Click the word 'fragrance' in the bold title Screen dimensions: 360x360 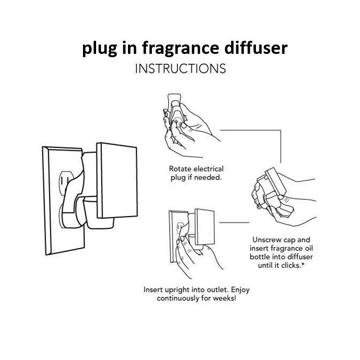pos(180,49)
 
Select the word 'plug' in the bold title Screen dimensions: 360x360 pos(100,49)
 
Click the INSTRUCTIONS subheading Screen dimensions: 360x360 pos(180,68)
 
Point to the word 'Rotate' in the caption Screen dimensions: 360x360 pos(180,169)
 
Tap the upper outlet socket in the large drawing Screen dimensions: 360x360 pos(66,181)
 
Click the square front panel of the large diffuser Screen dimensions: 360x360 pos(117,180)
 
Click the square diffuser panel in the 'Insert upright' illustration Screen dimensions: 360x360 pos(204,227)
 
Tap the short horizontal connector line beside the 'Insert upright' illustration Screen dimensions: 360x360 pos(234,223)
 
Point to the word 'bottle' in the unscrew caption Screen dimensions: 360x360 pos(260,257)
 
